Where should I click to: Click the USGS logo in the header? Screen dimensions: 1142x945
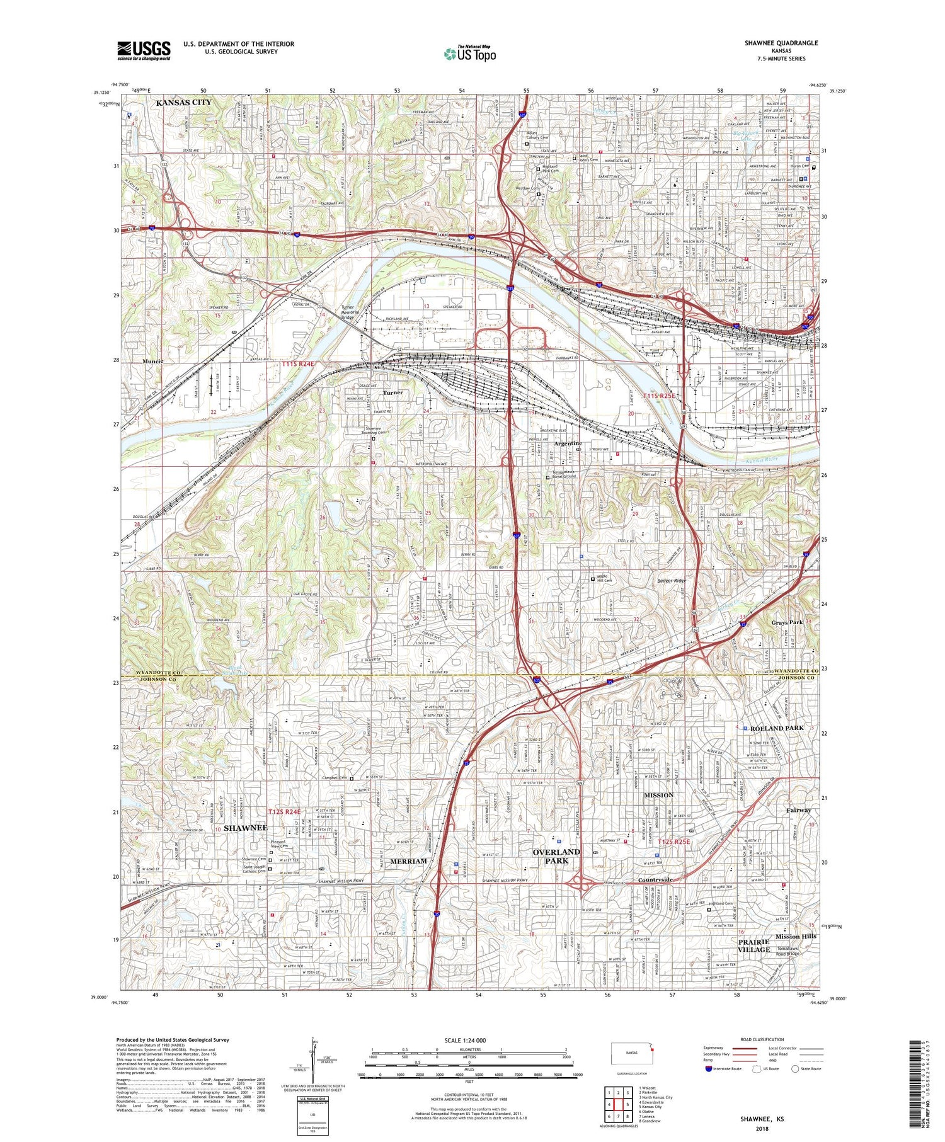143,50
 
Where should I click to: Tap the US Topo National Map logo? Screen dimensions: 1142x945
469,54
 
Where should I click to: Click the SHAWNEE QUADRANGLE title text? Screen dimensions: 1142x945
784,43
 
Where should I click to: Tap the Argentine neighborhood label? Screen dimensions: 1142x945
568,443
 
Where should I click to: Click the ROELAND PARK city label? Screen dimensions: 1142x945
777,728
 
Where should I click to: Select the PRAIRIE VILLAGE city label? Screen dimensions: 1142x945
754,945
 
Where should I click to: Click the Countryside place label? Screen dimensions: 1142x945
655,880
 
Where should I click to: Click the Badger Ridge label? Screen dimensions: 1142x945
671,581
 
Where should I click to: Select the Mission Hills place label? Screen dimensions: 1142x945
796,936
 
